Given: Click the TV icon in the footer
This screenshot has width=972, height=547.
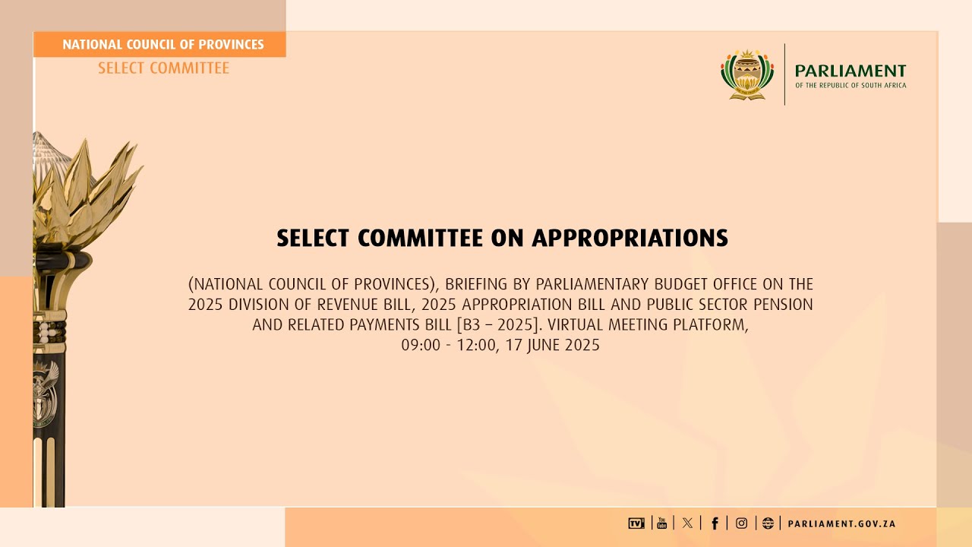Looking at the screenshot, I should pyautogui.click(x=636, y=523).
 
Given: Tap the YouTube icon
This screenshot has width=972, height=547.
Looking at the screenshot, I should pyautogui.click(x=662, y=523).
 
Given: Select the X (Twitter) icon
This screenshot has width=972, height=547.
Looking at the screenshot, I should pyautogui.click(x=687, y=523).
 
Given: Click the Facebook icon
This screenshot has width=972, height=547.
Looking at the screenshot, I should pyautogui.click(x=715, y=523).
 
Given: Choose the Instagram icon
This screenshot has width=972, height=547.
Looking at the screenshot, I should pyautogui.click(x=741, y=523).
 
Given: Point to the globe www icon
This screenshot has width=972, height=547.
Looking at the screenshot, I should pyautogui.click(x=768, y=523).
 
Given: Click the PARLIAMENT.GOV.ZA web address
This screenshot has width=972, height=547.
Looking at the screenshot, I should pyautogui.click(x=841, y=523).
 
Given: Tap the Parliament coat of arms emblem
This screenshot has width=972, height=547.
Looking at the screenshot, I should pyautogui.click(x=747, y=74).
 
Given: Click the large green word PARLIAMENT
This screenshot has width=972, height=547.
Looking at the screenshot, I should pyautogui.click(x=850, y=71).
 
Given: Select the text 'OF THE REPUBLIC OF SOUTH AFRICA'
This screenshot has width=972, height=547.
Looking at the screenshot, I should pyautogui.click(x=850, y=85).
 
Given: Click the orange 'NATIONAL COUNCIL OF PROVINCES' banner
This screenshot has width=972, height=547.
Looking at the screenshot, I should pyautogui.click(x=163, y=45).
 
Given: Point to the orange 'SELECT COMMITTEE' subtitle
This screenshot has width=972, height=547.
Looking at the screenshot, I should pyautogui.click(x=163, y=68).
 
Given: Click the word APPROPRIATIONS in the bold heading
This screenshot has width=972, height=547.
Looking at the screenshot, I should pyautogui.click(x=630, y=239).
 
